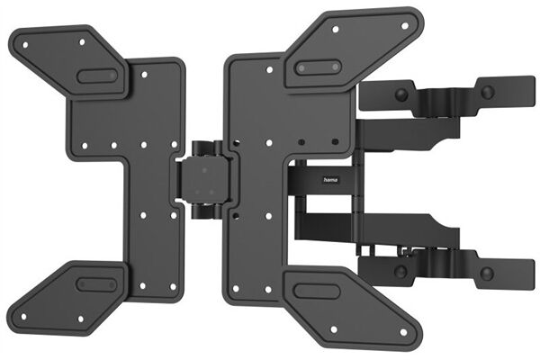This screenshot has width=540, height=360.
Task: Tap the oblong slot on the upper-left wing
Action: point(97,76)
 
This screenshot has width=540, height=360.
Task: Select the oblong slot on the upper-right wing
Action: point(318,67)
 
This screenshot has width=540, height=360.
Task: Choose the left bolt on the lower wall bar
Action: point(399,267)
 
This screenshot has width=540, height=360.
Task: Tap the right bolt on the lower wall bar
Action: point(487,273)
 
